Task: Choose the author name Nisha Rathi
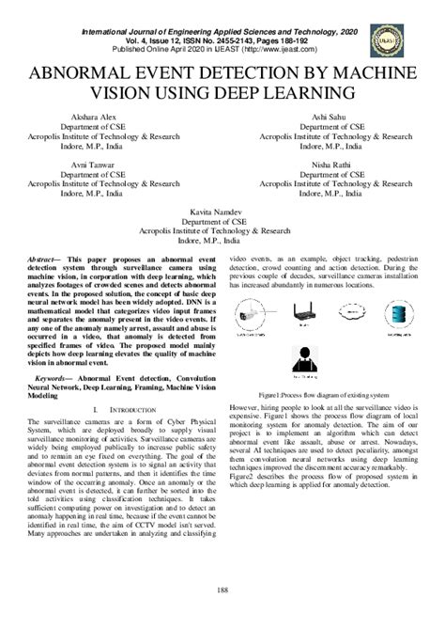pyautogui.click(x=334, y=163)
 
